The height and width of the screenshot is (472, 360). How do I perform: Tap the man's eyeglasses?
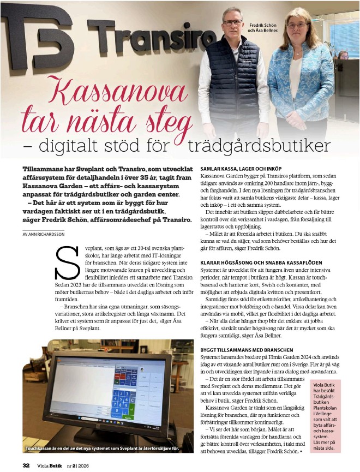pyautogui.click(x=233, y=22)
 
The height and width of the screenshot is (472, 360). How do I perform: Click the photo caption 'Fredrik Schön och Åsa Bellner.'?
pyautogui.click(x=263, y=28)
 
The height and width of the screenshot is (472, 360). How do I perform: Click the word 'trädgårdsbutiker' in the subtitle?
pyautogui.click(x=259, y=146)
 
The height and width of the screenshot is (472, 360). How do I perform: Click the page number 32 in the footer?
pyautogui.click(x=26, y=465)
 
